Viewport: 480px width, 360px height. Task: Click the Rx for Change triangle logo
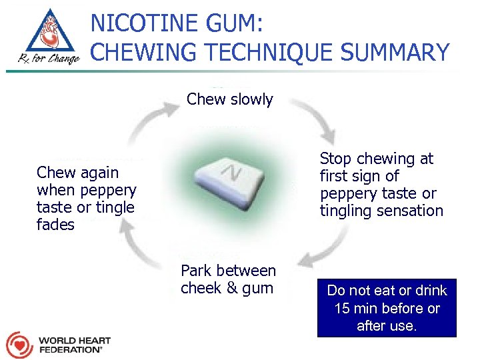tap(44, 37)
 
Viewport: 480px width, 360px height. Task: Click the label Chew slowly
tap(229, 100)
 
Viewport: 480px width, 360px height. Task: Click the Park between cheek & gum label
tap(228, 279)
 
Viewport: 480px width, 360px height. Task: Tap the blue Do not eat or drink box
tap(387, 308)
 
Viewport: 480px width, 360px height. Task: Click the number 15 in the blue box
tap(343, 309)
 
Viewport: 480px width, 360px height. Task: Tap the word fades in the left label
tap(55, 225)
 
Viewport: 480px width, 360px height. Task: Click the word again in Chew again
tap(96, 173)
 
